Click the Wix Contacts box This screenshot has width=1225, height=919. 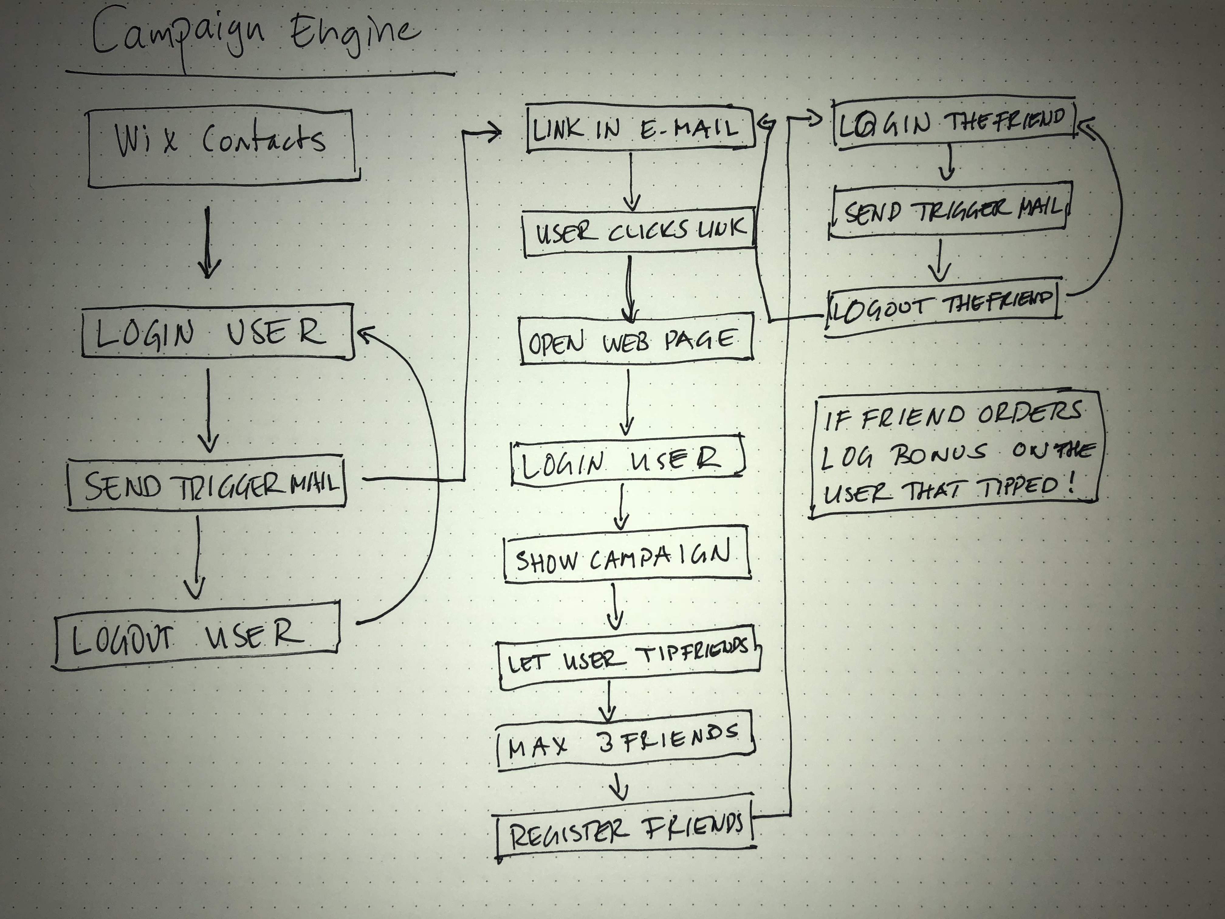[x=221, y=147]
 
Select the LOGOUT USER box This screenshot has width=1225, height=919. [x=197, y=636]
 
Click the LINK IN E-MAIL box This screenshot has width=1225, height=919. [x=640, y=129]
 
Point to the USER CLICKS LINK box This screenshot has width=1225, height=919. [x=640, y=232]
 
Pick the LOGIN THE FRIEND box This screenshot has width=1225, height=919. [x=952, y=123]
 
